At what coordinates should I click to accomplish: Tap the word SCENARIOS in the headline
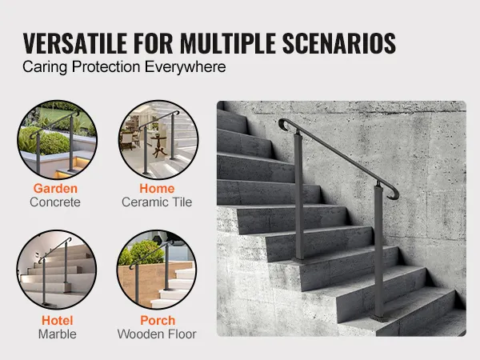(x=339, y=43)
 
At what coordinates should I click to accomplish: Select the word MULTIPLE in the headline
(x=228, y=43)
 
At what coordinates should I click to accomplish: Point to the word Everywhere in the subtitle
(x=186, y=67)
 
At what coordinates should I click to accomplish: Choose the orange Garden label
(x=55, y=189)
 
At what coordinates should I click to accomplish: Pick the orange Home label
(x=157, y=189)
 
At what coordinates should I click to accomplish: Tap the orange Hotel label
(x=58, y=321)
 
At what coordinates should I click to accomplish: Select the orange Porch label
(x=158, y=321)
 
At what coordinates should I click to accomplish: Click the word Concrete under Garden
(x=55, y=202)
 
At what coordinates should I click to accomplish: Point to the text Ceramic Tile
(x=157, y=202)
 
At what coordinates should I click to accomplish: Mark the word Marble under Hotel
(x=58, y=334)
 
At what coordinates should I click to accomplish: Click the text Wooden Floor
(x=157, y=334)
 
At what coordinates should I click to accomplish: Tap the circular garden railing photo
(x=58, y=139)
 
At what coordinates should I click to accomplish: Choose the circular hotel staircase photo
(x=57, y=270)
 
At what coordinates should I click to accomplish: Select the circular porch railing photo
(x=157, y=270)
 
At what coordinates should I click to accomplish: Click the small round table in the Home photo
(x=159, y=146)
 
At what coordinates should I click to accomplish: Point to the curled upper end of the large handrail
(x=284, y=124)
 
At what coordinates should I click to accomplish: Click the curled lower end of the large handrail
(x=394, y=194)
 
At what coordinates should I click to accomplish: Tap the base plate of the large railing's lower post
(x=380, y=319)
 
